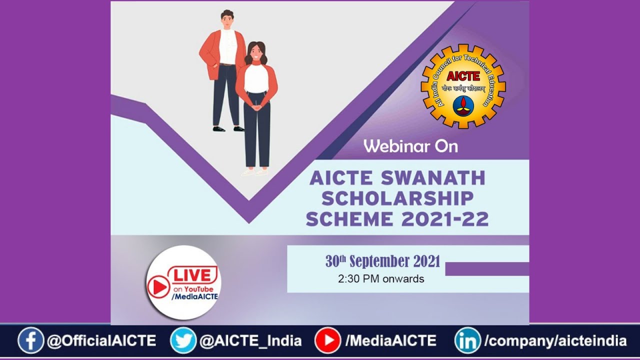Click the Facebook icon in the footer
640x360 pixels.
tap(31, 341)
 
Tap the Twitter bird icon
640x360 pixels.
tap(183, 341)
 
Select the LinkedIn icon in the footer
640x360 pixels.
tap(467, 341)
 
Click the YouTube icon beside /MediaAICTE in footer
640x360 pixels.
tap(327, 341)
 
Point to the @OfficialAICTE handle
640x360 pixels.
tap(101, 341)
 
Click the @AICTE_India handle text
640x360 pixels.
tap(250, 341)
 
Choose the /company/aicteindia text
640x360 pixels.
tap(555, 341)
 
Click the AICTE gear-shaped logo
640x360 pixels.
tap(463, 86)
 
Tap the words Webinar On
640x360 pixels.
tap(410, 146)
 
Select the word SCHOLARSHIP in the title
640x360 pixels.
tap(397, 198)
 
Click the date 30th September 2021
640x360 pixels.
tap(382, 261)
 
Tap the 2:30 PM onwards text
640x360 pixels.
tap(381, 279)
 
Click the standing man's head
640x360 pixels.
tap(227, 20)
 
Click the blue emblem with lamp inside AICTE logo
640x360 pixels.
tap(463, 106)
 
